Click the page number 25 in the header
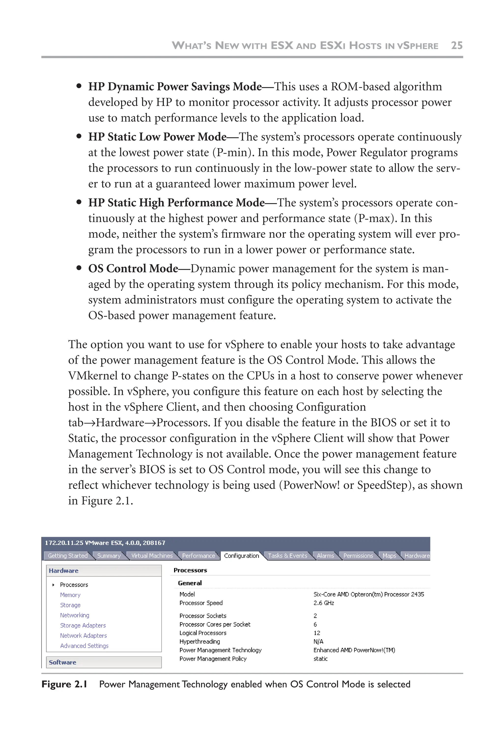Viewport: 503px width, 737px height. coord(456,45)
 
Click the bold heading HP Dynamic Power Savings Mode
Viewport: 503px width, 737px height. coord(175,86)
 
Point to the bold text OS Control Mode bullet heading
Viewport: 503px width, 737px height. coord(133,269)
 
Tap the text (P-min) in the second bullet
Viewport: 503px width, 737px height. coord(233,153)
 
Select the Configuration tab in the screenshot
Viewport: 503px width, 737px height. coord(241,556)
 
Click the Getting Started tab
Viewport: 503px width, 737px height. coord(68,556)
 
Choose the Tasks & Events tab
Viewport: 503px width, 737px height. coord(287,556)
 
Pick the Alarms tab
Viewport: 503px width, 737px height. coord(325,556)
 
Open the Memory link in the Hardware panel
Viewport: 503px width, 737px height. coord(70,595)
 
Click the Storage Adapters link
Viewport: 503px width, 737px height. coord(83,625)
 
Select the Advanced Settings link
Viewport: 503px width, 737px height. coord(84,646)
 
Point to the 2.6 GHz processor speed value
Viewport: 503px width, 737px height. coord(324,603)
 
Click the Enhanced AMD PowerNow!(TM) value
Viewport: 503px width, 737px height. coord(354,650)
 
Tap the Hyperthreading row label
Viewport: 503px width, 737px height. coord(199,641)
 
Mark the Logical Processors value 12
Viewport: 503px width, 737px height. coord(317,633)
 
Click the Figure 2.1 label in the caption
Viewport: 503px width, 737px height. coord(64,684)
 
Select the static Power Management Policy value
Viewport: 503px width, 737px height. coord(321,659)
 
